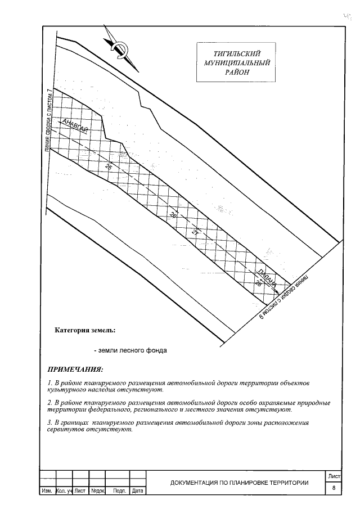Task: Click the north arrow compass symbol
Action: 116,47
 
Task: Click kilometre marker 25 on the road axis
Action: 108,166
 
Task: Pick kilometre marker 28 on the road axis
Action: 258,284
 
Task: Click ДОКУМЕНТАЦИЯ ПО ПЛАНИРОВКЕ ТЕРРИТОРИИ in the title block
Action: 240,483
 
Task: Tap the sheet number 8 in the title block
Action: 334,488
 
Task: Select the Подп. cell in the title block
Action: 119,491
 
